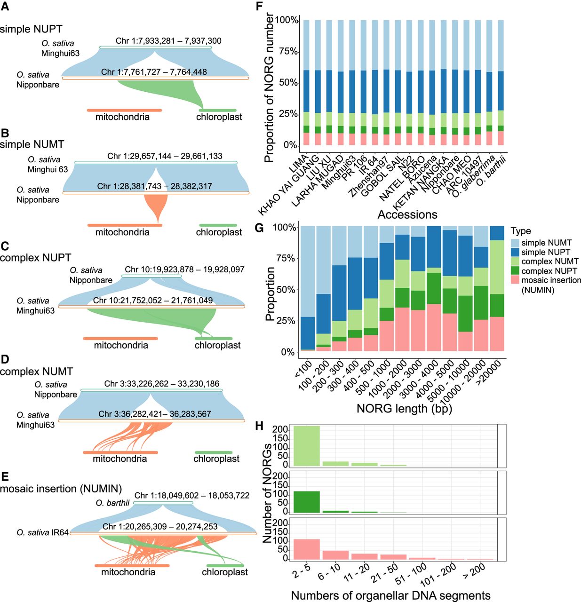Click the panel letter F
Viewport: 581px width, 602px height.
pos(259,8)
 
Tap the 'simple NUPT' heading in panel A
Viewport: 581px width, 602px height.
pos(31,29)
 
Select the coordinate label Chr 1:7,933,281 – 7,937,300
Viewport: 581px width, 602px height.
pos(168,41)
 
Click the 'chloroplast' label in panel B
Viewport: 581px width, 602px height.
pos(219,232)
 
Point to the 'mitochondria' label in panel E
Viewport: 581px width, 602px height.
pos(128,572)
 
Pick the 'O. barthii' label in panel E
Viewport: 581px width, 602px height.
pos(112,503)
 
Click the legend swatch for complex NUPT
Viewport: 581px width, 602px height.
pos(516,271)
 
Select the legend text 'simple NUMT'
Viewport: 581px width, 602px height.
pos(546,243)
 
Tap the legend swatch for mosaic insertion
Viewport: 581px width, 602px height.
pos(516,280)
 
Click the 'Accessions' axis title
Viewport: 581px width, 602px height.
pos(407,214)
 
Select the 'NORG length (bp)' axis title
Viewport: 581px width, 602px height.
pos(404,408)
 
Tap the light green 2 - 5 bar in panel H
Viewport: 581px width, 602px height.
pos(306,446)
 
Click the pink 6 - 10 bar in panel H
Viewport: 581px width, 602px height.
pos(335,555)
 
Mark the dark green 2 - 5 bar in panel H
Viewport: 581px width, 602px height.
pos(306,502)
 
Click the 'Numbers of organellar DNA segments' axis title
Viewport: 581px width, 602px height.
pos(390,595)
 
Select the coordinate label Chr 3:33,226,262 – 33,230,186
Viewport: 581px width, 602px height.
pos(162,384)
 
